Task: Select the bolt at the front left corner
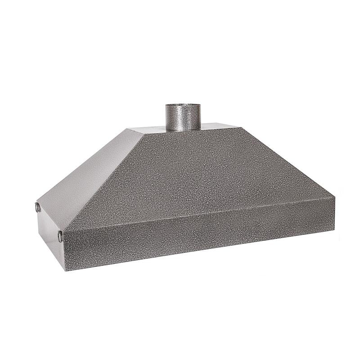click(60, 234)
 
